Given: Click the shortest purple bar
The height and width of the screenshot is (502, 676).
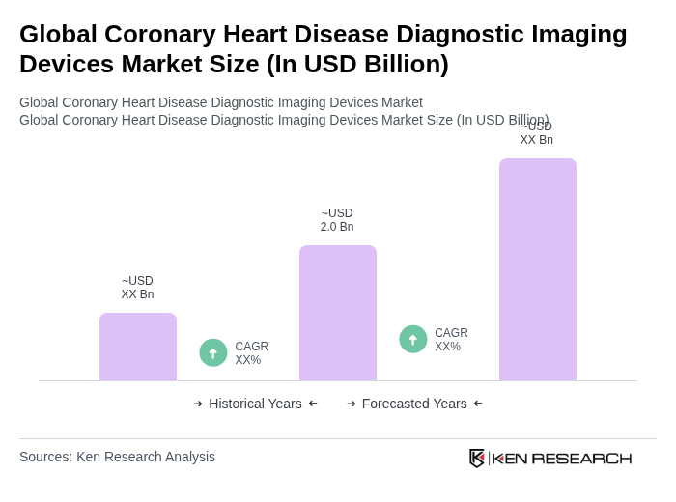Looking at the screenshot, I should point(138,347).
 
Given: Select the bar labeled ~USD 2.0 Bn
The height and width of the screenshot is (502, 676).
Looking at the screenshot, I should point(338,313).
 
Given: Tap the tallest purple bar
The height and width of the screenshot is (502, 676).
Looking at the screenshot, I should point(538,269).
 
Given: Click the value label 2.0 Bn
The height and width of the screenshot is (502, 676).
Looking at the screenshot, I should point(337,227).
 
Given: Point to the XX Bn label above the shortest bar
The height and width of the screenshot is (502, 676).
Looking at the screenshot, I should point(137,294).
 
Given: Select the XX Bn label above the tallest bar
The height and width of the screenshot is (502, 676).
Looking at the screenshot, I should point(537,140).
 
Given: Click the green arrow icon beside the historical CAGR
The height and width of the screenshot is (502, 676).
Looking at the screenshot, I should point(213,353).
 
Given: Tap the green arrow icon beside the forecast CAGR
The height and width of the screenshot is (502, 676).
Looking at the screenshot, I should point(413,340).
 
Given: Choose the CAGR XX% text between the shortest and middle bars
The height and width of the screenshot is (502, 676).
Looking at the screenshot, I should point(251,353).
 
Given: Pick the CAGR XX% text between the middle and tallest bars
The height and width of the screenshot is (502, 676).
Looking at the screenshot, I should point(451,340).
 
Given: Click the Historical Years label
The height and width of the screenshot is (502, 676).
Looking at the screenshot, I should point(255,404).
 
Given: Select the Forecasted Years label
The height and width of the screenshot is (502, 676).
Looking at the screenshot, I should point(414,404).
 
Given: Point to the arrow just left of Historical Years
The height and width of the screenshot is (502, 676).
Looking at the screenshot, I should point(198,404).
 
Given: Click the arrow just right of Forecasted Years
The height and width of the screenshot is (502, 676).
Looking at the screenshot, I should point(478,404).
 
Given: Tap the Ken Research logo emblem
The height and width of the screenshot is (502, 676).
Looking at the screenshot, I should point(477,458).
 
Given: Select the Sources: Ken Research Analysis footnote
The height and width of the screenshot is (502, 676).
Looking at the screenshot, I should point(117,457).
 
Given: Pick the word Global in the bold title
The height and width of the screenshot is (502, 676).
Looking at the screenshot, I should point(56,34).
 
